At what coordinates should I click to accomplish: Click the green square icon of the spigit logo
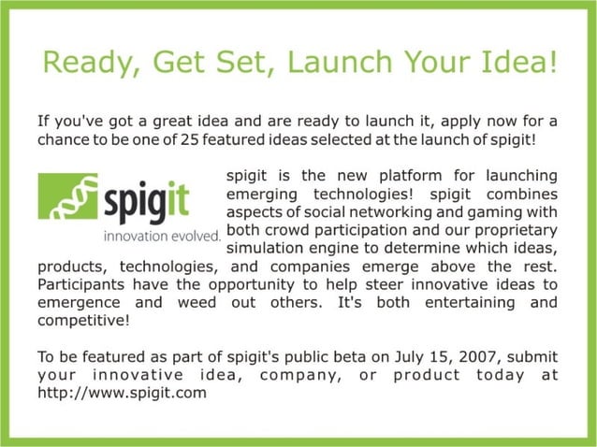[67, 195]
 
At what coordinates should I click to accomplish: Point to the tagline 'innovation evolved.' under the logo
[162, 235]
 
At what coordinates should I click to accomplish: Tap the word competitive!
[83, 320]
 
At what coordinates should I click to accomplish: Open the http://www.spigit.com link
[122, 393]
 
